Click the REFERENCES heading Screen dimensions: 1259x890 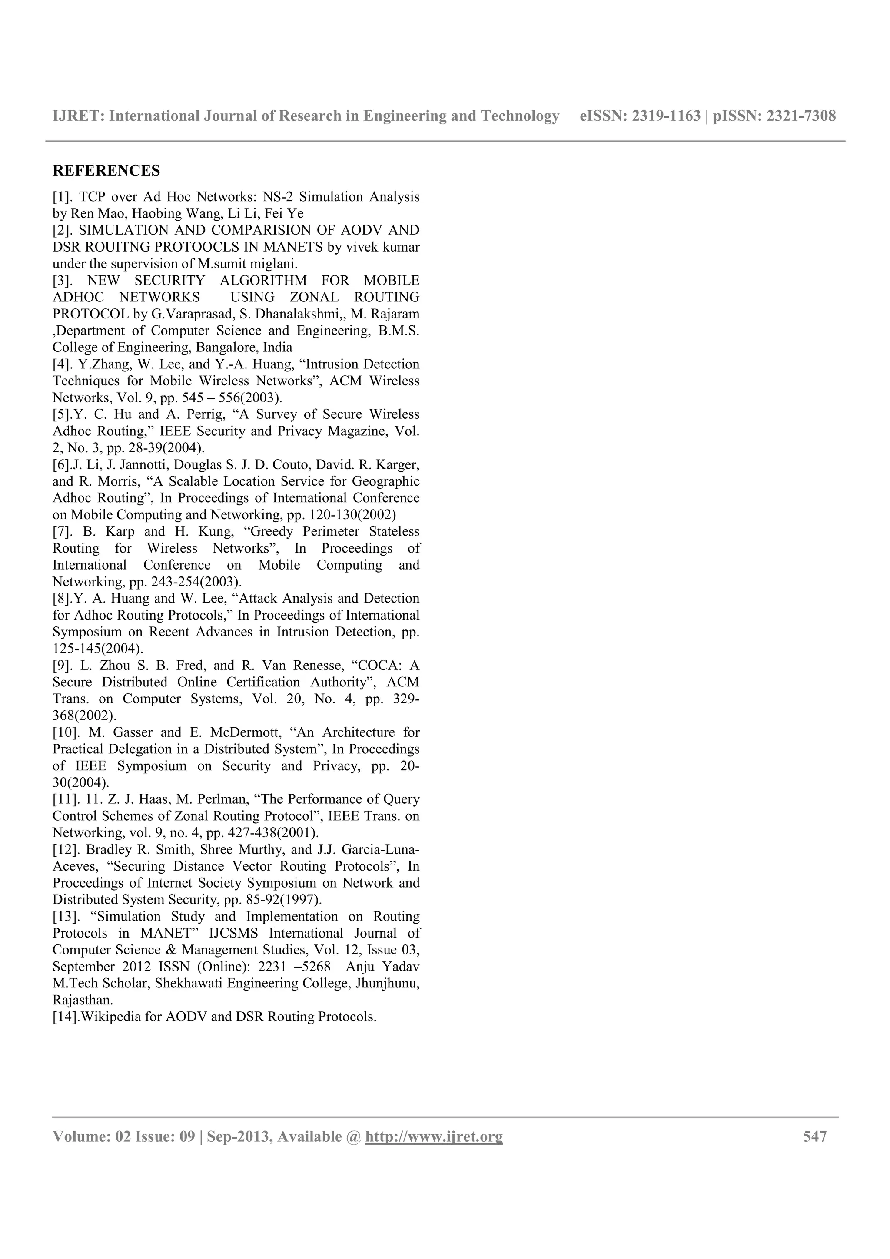106,171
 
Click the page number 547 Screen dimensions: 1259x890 815,1136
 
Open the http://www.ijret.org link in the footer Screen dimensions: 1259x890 434,1136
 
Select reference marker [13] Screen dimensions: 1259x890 64,916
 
